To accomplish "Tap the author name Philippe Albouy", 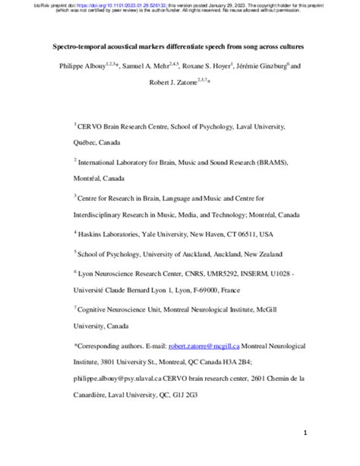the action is coord(82,66).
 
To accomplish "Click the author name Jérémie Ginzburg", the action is coord(279,66).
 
